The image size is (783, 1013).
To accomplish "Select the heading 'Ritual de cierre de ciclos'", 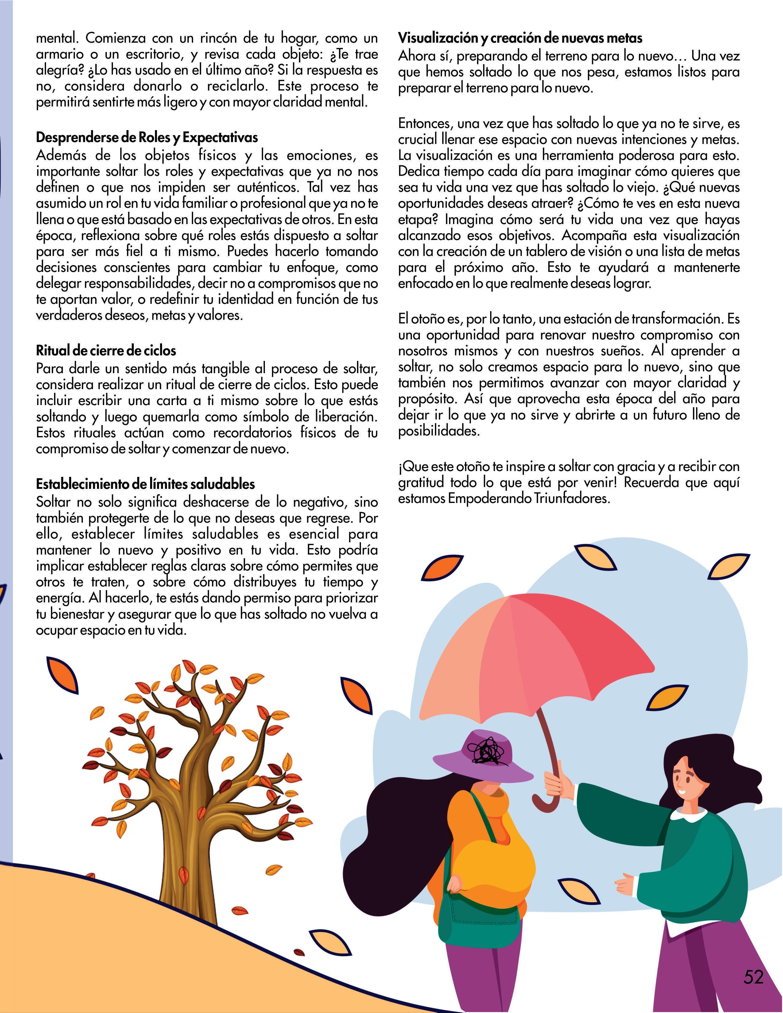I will pyautogui.click(x=106, y=351).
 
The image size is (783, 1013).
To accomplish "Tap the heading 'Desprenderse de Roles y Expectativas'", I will pyautogui.click(x=147, y=138).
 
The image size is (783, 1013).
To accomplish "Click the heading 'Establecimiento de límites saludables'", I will pyautogui.click(x=145, y=484).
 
